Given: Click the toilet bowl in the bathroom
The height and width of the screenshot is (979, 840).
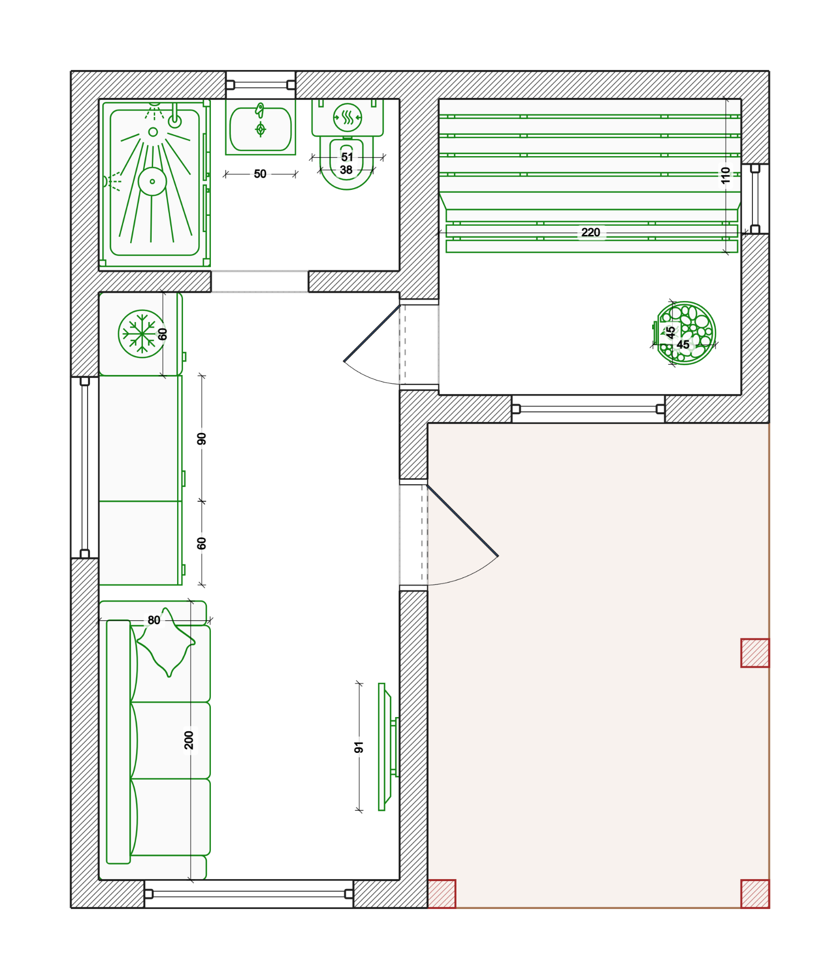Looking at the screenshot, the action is [346, 163].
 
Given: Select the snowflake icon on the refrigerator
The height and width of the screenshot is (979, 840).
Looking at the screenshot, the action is [141, 334].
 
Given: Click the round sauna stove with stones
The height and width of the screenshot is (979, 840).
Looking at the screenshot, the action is [685, 333].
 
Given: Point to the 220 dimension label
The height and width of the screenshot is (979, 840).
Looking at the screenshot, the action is [590, 232].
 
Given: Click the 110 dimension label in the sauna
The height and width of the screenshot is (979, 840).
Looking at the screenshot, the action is [725, 175].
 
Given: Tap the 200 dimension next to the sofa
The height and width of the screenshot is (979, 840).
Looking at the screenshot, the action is [189, 740].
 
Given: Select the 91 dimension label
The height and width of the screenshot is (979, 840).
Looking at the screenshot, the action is [359, 747].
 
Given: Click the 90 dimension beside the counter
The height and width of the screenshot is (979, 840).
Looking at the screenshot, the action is [202, 439].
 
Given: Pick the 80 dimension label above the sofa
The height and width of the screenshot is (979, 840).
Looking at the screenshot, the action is [154, 620].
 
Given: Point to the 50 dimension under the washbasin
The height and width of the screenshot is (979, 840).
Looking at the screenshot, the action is [260, 174].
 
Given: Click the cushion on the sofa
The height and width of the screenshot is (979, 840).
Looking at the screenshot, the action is [166, 642].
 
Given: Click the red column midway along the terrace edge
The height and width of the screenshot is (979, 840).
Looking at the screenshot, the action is [755, 653].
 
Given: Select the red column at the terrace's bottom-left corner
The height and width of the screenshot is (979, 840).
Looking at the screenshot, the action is [442, 894].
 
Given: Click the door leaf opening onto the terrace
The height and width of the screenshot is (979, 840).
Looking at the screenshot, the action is [462, 520].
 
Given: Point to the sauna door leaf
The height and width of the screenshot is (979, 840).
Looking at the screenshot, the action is [372, 333].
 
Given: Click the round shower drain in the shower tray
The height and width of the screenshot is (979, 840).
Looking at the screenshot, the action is [152, 182].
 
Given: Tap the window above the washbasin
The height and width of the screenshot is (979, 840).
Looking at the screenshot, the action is [261, 85].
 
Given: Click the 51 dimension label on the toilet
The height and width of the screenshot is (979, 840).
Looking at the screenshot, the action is [347, 157].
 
